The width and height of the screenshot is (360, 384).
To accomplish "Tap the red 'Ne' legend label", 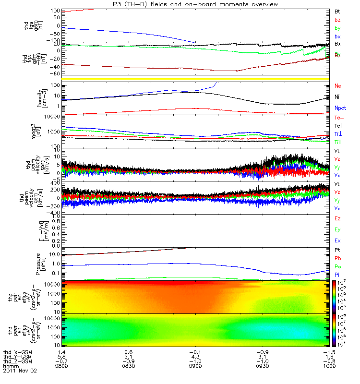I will point(337,85).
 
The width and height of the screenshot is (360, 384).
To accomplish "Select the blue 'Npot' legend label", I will point(339,108).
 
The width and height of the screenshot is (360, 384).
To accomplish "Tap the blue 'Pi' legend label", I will point(337,274).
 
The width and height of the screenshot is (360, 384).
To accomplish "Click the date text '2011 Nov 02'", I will point(20,371).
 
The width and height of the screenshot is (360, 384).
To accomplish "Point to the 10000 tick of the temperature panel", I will point(50,116).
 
